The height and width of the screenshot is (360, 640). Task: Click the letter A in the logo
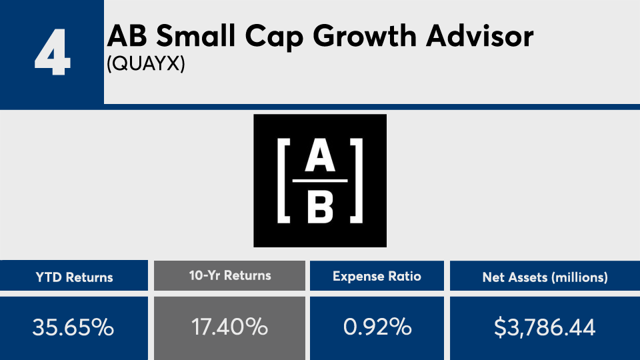click(x=320, y=160)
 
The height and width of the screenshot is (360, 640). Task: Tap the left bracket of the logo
click(x=282, y=181)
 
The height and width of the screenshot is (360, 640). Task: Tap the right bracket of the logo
click(x=358, y=181)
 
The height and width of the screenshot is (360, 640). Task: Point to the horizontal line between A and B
click(x=320, y=181)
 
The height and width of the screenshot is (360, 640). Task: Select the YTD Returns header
click(x=74, y=277)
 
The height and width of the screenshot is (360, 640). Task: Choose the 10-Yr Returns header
click(x=229, y=275)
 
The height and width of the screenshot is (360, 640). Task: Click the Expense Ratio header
click(x=377, y=277)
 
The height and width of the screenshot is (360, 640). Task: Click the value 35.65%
click(x=74, y=327)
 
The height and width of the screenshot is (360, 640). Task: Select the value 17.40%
click(x=229, y=327)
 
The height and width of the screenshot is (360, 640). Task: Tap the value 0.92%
click(x=377, y=327)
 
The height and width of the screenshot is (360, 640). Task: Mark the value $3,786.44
click(x=545, y=327)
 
